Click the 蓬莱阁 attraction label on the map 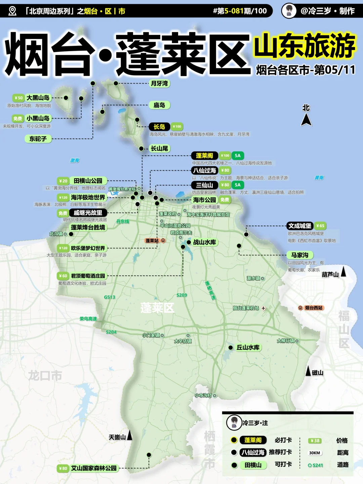tap(204, 156)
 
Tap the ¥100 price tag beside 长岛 tap(177, 127)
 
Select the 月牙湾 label tap(159, 83)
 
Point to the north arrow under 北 tap(306, 120)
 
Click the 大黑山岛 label tap(38, 98)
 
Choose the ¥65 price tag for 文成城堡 tap(320, 226)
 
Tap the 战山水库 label tap(204, 242)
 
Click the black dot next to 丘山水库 tap(231, 348)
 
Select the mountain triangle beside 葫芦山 tap(344, 272)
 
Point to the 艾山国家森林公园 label tap(94, 468)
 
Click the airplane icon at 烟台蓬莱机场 tap(264, 308)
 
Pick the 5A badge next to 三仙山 tap(238, 185)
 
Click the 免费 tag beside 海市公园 tap(225, 200)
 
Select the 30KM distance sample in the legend tap(315, 453)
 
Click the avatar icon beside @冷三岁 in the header tap(289, 11)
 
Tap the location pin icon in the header tap(12, 11)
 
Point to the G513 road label tap(110, 297)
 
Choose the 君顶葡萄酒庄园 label tap(88, 276)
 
